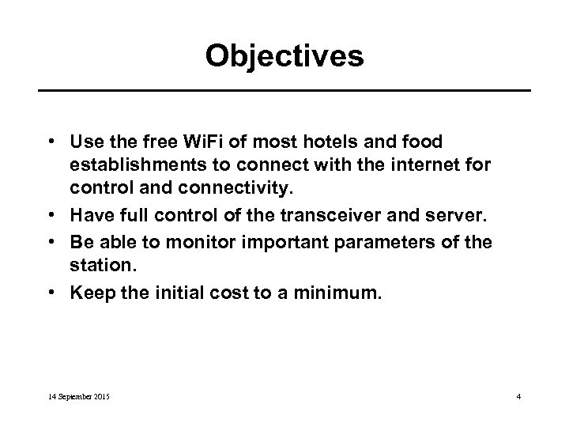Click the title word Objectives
pyautogui.click(x=284, y=56)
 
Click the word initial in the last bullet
pyautogui.click(x=173, y=293)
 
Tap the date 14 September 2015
pyautogui.click(x=77, y=395)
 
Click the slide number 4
pyautogui.click(x=518, y=395)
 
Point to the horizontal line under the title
pyautogui.click(x=284, y=92)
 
